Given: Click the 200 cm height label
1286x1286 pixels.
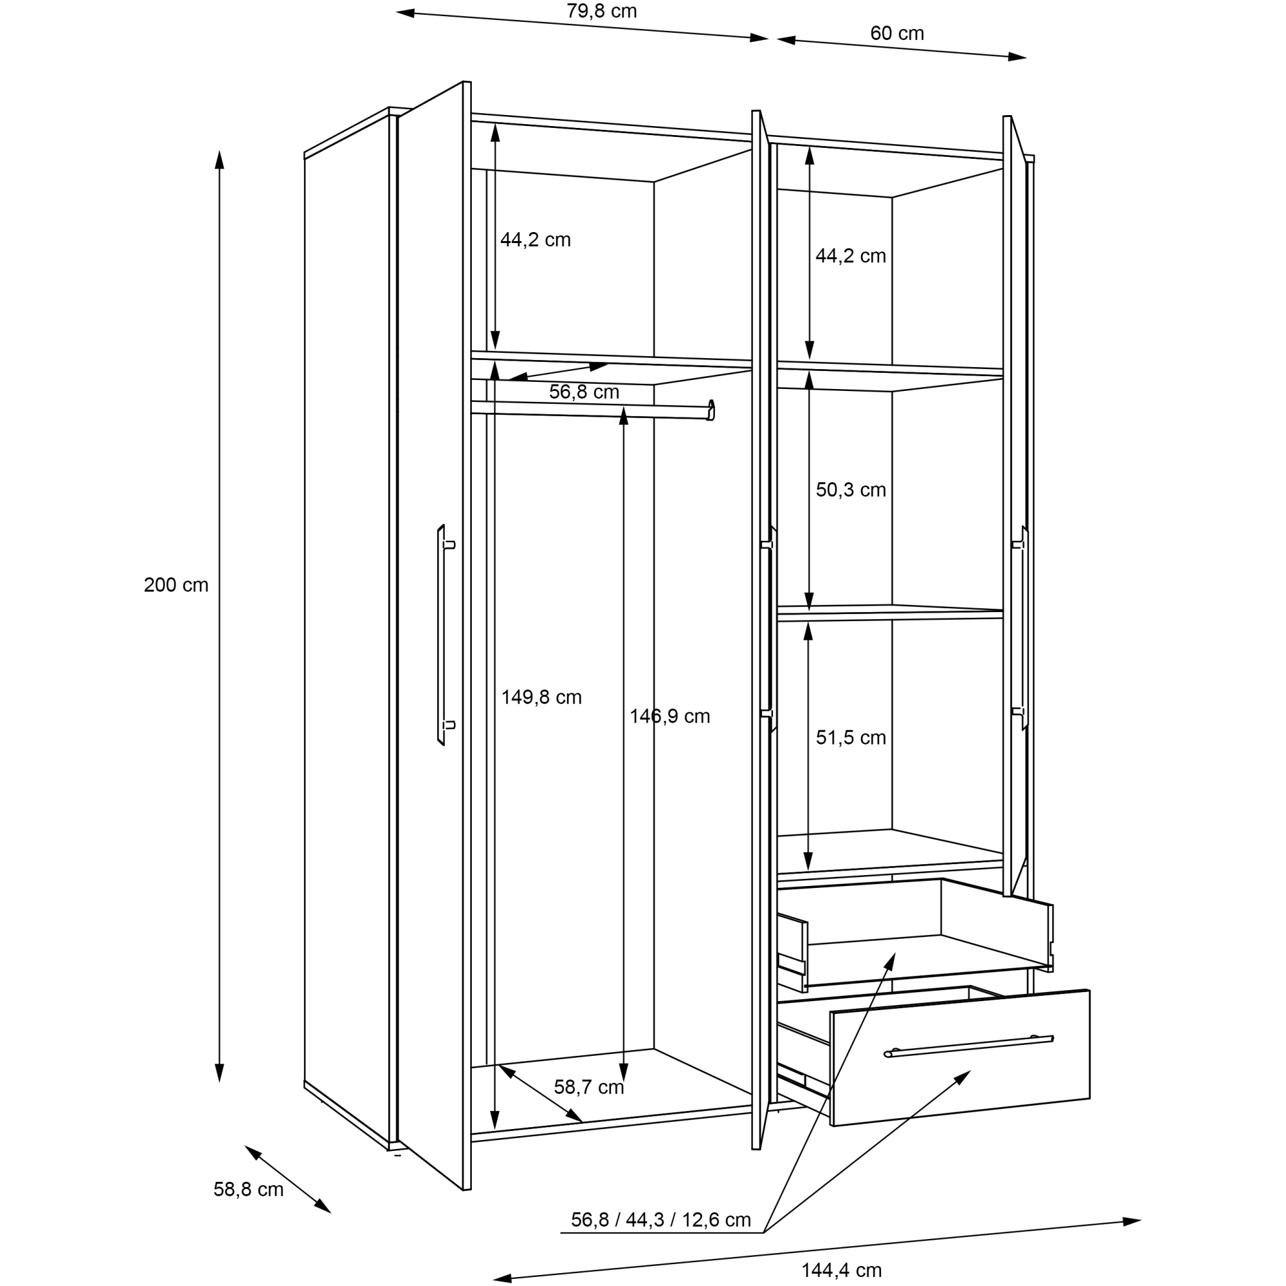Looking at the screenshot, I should [176, 585].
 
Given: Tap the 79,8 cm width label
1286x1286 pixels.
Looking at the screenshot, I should [602, 12].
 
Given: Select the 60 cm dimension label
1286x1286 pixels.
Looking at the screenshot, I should [896, 33].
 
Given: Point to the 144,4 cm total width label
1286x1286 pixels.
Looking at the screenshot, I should [841, 1270].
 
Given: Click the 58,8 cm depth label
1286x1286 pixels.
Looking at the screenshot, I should [248, 1189].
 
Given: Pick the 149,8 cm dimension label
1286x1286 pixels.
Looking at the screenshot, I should [541, 697].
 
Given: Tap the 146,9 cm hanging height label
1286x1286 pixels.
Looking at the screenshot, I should [669, 716].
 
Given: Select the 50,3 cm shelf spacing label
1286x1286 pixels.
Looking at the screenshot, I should [851, 490].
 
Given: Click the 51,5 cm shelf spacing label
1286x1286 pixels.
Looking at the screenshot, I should [851, 738].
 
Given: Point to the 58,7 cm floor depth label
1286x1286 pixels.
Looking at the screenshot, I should [588, 1088].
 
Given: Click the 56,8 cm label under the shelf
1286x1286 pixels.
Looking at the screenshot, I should [584, 392].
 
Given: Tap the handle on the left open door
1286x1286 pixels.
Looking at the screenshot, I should [441, 635].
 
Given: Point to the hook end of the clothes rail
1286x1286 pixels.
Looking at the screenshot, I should [711, 410].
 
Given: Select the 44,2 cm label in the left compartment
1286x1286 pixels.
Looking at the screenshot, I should [535, 240].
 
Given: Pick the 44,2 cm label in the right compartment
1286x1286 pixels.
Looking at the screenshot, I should [851, 256].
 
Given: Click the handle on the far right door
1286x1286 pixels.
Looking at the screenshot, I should [1023, 628].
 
